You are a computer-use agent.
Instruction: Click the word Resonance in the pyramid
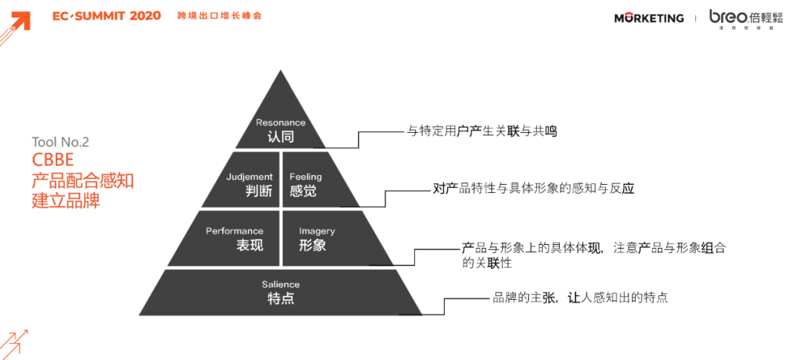(281, 122)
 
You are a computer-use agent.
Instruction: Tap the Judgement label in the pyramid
(250, 177)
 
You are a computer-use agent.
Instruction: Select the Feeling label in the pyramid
(306, 177)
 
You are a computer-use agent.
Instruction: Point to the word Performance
(235, 231)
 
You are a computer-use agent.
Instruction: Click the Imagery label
(316, 231)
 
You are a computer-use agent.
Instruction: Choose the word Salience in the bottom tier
(281, 284)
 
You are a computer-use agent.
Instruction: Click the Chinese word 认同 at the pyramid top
(281, 137)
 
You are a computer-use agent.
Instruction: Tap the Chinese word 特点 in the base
(281, 298)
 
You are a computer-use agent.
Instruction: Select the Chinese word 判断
(259, 192)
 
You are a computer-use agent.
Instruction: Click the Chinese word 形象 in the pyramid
(313, 245)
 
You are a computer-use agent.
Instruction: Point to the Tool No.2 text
(60, 143)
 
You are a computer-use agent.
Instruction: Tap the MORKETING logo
(649, 19)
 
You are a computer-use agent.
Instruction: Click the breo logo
(746, 19)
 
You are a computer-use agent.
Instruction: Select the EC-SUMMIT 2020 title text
(107, 16)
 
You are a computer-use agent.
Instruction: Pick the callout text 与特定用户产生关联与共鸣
(482, 131)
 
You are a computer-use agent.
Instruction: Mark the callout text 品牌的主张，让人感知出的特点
(580, 298)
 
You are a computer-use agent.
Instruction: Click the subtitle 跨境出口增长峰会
(219, 16)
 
